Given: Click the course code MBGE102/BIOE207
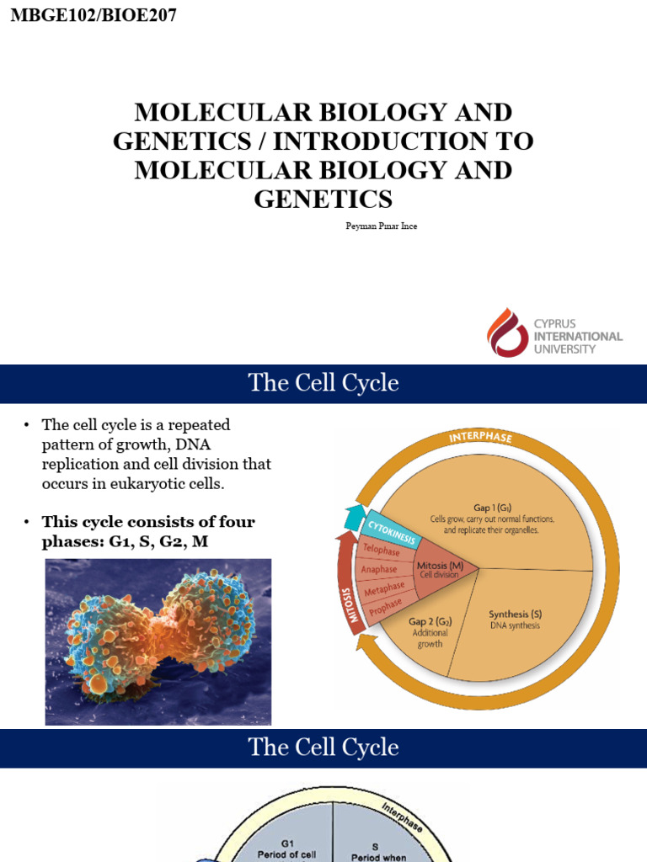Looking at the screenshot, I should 94,14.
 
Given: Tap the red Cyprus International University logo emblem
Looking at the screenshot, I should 507,332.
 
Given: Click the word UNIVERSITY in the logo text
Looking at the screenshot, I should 564,349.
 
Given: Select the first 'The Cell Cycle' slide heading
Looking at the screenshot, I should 323,384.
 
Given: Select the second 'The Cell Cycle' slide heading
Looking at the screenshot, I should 323,748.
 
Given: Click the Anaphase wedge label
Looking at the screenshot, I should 379,569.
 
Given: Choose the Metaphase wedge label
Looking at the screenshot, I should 383,587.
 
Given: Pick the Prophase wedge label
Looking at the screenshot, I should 384,604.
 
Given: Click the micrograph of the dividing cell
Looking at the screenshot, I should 158,641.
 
